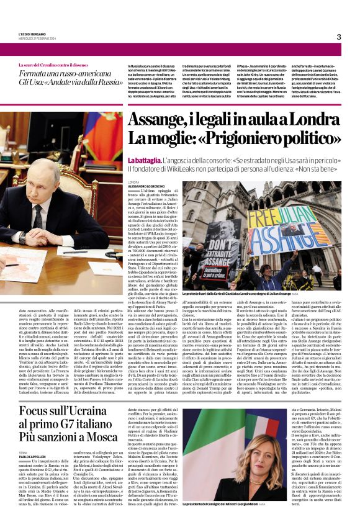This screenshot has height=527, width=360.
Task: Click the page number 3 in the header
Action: click(339, 37)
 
